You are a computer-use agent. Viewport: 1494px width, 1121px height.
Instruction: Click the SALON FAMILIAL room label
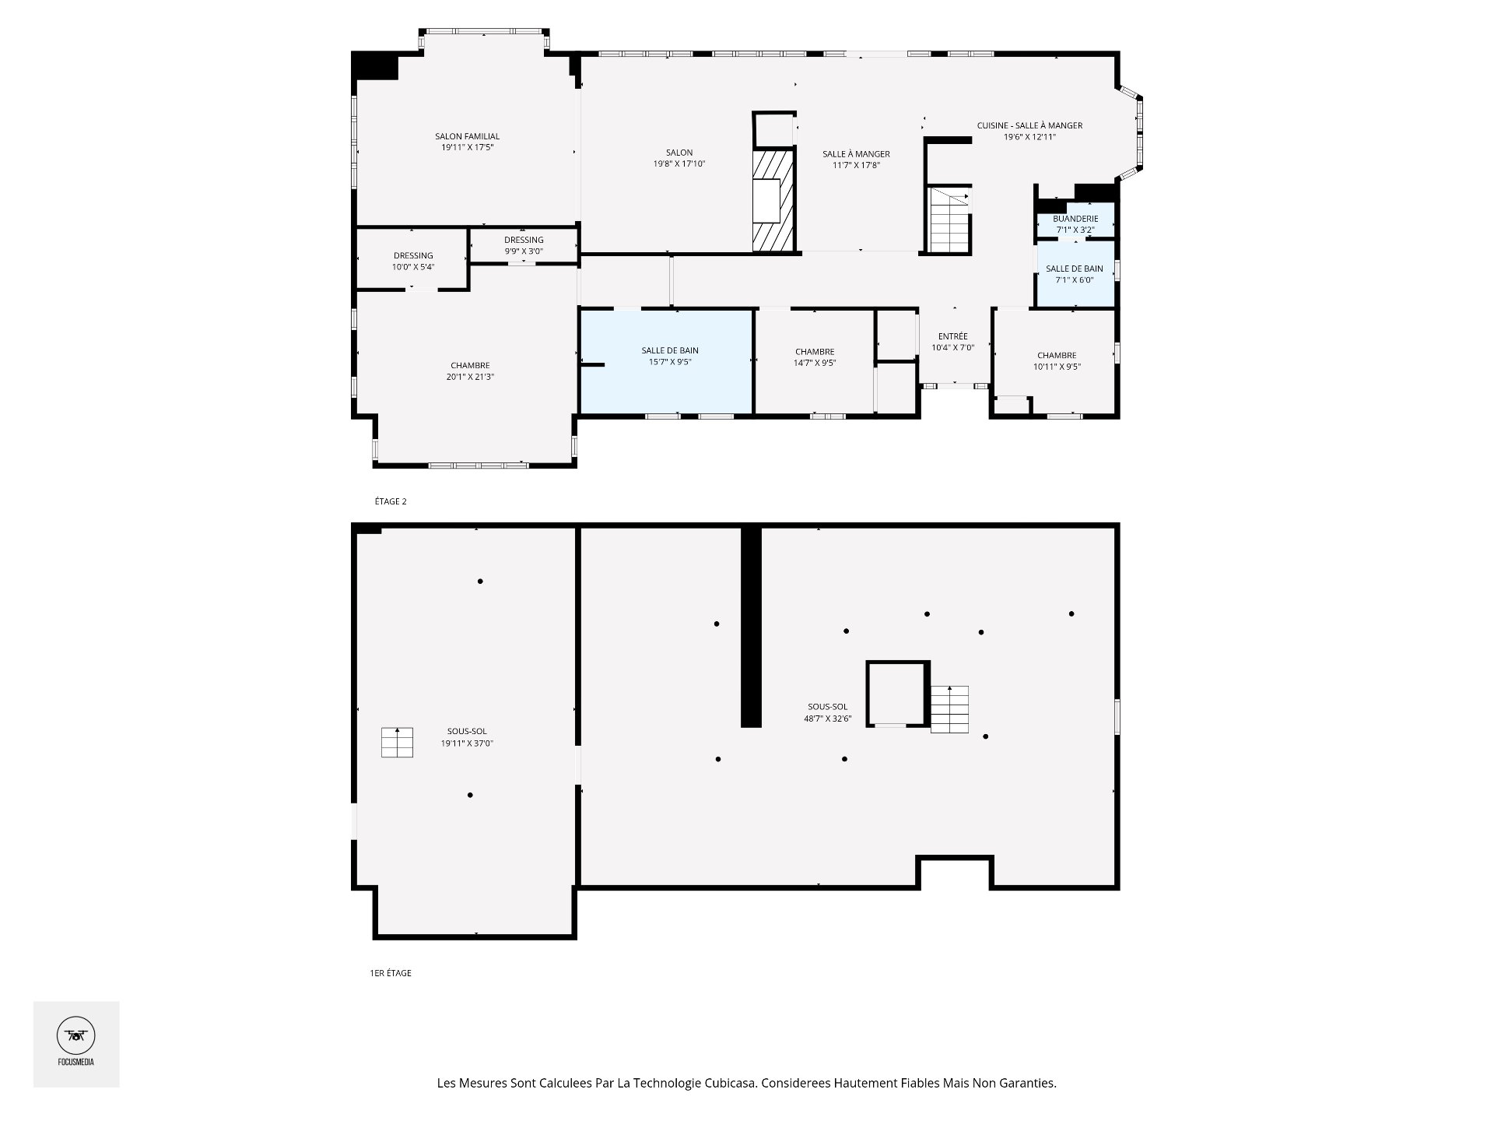(467, 136)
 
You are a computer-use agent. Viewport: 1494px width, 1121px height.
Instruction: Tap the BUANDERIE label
(1075, 219)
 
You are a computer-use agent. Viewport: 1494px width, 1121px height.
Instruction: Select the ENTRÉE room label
(953, 336)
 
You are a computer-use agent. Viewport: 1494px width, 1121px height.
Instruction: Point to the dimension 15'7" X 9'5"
(670, 362)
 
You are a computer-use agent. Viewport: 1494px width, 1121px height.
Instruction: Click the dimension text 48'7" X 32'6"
(828, 719)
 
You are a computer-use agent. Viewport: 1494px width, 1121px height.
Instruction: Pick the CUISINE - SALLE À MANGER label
(1029, 125)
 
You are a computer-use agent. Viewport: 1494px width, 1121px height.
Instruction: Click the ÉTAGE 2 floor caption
(391, 501)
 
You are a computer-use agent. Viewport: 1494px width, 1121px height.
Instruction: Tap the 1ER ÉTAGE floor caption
(391, 973)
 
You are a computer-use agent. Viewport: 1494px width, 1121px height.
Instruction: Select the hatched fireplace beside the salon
(773, 200)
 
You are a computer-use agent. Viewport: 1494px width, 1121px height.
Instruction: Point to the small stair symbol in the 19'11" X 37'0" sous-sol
(397, 742)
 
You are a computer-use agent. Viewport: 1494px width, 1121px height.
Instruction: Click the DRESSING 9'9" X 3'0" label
(524, 245)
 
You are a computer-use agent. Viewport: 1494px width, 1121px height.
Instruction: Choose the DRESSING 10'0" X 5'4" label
(413, 261)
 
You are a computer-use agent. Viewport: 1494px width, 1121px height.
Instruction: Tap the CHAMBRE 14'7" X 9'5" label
(815, 357)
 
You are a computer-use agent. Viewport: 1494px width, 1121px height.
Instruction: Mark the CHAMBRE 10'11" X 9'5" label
(1057, 361)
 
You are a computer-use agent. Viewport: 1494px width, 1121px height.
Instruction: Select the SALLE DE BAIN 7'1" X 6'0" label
(1074, 274)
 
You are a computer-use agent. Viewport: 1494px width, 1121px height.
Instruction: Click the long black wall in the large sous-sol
(751, 627)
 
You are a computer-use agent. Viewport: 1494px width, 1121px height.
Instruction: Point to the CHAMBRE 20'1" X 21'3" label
(470, 371)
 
